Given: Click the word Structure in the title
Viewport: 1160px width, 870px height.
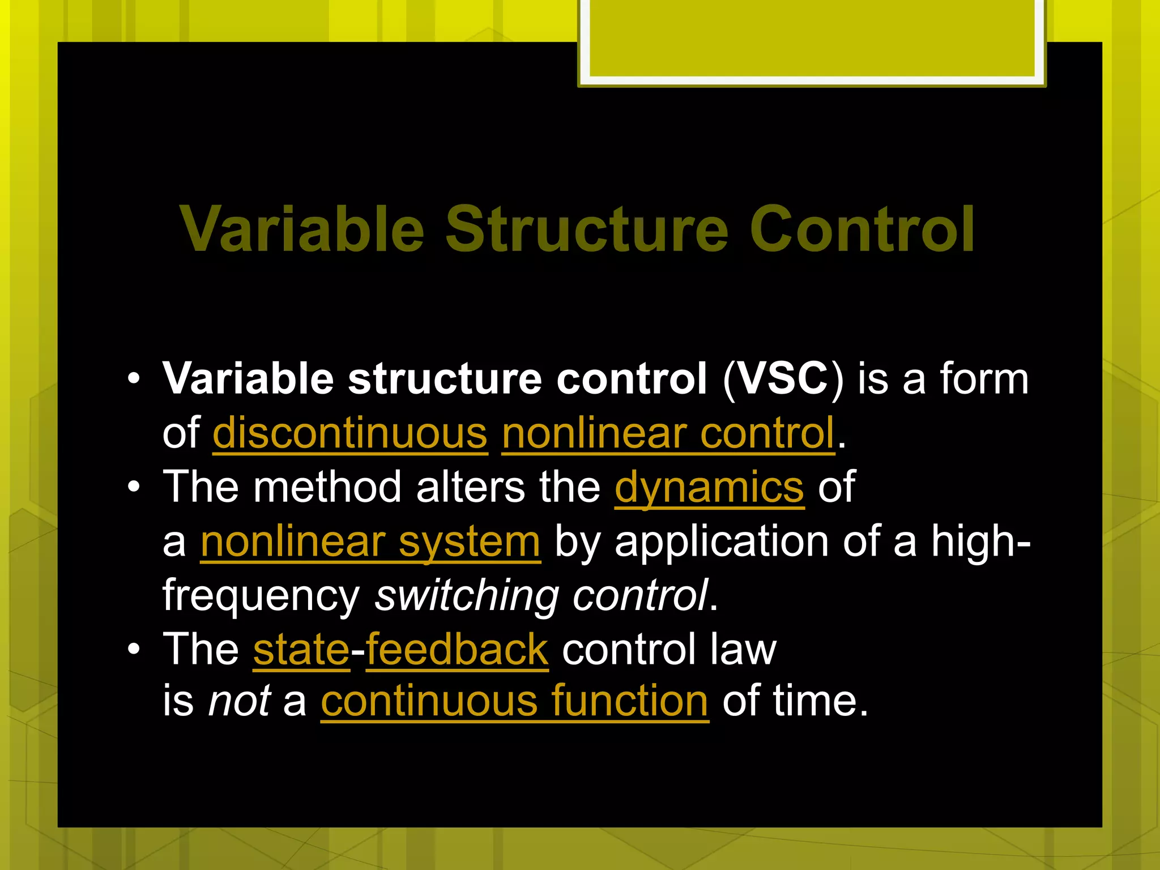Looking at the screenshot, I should [x=586, y=229].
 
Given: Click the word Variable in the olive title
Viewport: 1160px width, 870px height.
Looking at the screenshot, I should [x=301, y=229].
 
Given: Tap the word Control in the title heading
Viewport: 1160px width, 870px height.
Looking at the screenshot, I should [x=862, y=229].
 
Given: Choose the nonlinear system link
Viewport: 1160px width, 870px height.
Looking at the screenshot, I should [x=370, y=541].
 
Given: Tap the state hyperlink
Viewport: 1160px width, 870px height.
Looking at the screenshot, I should [x=301, y=649].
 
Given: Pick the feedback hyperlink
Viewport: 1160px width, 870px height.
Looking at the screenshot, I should [x=457, y=649].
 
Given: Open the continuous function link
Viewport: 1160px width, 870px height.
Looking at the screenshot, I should [x=514, y=701].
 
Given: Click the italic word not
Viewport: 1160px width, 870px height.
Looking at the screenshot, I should [x=239, y=701].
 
